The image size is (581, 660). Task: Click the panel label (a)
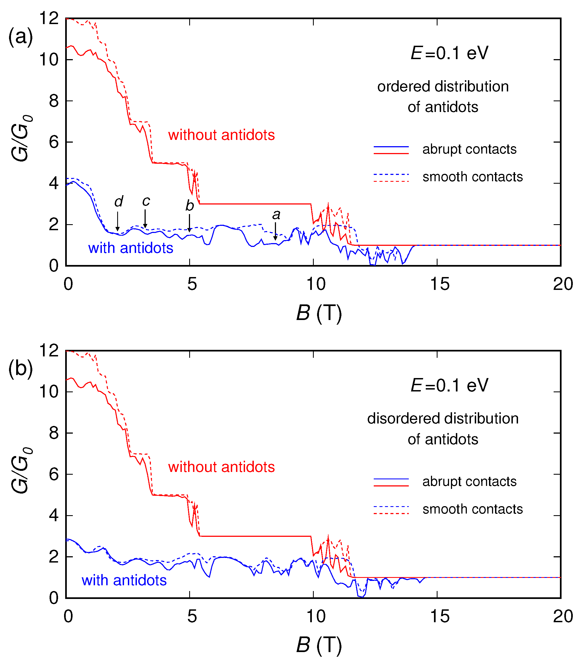pyautogui.click(x=20, y=37)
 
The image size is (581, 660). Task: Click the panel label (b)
pyautogui.click(x=20, y=369)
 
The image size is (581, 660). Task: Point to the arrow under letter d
pyautogui.click(x=117, y=221)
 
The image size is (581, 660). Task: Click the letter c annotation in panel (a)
pyautogui.click(x=146, y=201)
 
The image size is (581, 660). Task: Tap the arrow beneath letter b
pyautogui.click(x=189, y=223)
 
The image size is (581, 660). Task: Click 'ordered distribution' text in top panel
pyautogui.click(x=443, y=87)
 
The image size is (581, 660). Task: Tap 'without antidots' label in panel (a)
pyautogui.click(x=221, y=135)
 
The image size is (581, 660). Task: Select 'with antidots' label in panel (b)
pyautogui.click(x=124, y=580)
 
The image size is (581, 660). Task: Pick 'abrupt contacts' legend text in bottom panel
pyautogui.click(x=469, y=482)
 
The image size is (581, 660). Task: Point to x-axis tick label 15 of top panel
pyautogui.click(x=439, y=284)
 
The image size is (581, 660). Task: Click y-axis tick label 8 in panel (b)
pyautogui.click(x=54, y=433)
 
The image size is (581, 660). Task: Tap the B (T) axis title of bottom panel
pyautogui.click(x=319, y=645)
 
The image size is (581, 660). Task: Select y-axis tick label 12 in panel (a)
pyautogui.click(x=49, y=18)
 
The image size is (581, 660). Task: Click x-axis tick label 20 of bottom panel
pyautogui.click(x=563, y=616)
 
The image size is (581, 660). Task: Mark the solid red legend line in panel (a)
pyautogui.click(x=391, y=153)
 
